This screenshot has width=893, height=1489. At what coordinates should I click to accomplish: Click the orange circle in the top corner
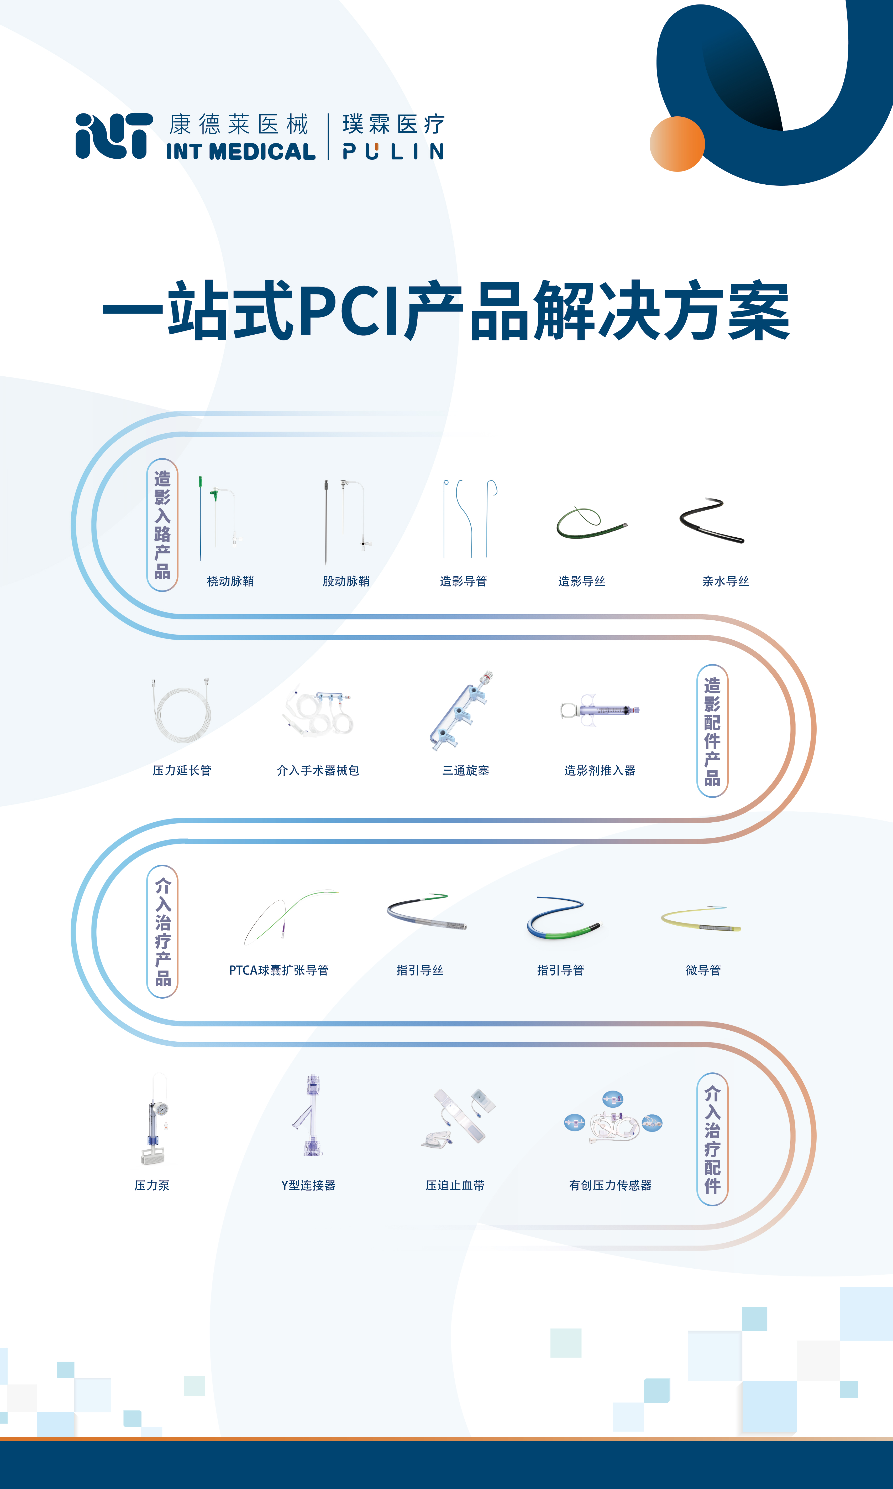pos(677,144)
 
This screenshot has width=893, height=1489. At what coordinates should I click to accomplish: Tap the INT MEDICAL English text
pos(241,151)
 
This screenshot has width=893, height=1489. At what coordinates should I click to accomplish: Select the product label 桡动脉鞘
pos(230,581)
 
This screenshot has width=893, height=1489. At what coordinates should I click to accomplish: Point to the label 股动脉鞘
pos(346,581)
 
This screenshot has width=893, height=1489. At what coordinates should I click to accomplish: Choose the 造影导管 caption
pos(463,581)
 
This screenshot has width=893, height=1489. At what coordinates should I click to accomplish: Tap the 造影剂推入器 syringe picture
pos(599,710)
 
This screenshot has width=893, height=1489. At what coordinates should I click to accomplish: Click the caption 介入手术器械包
pos(318,770)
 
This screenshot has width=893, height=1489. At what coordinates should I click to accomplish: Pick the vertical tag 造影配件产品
pos(712,731)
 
